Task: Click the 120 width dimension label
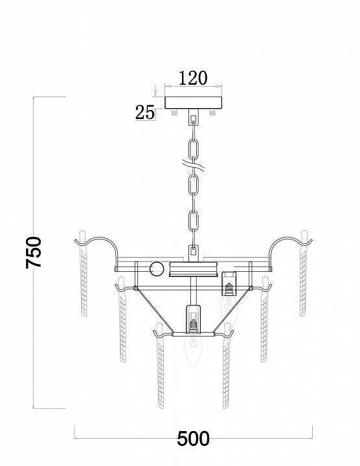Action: tap(193, 78)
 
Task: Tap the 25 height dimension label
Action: tap(145, 113)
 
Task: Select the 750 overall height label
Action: tap(34, 252)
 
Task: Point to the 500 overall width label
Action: tap(193, 439)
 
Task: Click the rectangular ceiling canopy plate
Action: tap(193, 102)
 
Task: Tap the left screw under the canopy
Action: tap(175, 113)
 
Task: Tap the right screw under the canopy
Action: tap(212, 113)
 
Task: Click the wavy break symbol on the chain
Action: tap(193, 166)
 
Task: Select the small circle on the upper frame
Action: tap(157, 269)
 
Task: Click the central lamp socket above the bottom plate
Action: tap(193, 318)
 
